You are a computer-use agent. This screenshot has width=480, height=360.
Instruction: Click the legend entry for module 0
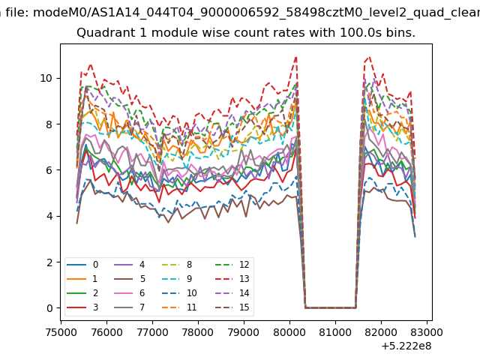pos(82,265)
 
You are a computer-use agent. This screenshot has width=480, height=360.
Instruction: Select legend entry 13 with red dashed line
pos(232,279)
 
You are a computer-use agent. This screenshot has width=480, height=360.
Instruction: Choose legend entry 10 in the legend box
pos(179,293)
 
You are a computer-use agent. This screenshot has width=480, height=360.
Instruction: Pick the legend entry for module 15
pos(232,307)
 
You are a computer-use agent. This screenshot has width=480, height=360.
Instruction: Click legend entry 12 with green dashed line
pos(232,265)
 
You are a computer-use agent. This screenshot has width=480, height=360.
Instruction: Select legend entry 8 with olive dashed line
pos(177,265)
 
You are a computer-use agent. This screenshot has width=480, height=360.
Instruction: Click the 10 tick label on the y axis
pos(46,78)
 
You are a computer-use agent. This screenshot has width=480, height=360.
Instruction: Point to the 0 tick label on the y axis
pos(49,308)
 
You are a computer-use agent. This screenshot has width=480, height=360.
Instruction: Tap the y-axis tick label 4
pos(49,216)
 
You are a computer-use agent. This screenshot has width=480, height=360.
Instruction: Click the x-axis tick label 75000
pos(61,332)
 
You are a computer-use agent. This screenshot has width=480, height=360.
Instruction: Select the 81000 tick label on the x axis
pos(335,332)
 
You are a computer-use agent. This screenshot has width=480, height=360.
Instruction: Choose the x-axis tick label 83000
pos(427,332)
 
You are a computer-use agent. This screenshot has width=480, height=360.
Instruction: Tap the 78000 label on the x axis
pos(198,332)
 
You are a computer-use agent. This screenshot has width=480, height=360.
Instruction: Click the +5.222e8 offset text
pos(406,346)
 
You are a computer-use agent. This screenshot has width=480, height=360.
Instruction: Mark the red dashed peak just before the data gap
pos(296,57)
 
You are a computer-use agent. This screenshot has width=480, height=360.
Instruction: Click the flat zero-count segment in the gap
pos(331,307)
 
